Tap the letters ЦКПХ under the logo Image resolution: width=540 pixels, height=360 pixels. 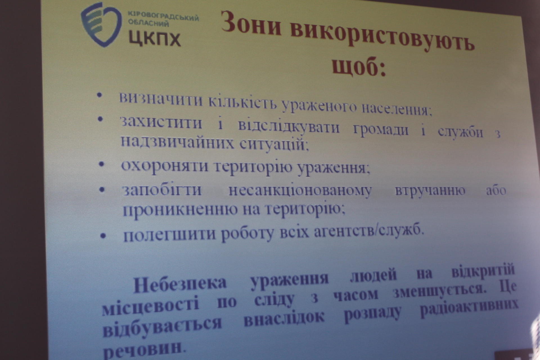click(x=155, y=39)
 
